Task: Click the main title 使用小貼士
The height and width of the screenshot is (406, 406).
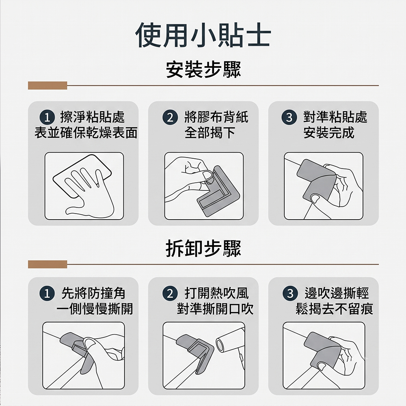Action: point(203,35)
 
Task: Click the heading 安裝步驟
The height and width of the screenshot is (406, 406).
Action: point(203,69)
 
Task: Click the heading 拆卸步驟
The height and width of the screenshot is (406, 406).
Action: point(203,248)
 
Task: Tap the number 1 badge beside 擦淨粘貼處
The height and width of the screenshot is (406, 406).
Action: point(47,118)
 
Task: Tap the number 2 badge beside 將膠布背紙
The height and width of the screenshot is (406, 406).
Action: point(170,118)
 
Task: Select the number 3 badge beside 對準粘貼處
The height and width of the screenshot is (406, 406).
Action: point(289,118)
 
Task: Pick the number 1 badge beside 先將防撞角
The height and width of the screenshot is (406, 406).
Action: point(47,294)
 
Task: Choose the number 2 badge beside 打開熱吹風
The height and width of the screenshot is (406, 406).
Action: point(170,294)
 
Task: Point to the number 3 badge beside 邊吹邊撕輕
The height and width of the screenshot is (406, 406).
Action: point(290,294)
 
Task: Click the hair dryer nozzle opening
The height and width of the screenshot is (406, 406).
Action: point(220,345)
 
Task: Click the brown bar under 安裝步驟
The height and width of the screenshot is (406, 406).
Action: point(48,85)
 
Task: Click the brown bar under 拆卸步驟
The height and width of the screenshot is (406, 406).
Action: point(48,264)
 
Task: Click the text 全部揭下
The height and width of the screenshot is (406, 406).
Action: point(210,133)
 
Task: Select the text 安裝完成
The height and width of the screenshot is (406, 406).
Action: point(329,133)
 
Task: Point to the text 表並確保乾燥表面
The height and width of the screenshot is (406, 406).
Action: point(86,133)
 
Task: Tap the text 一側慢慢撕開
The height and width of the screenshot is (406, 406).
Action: point(95,309)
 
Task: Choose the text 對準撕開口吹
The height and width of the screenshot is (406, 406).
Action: point(215,309)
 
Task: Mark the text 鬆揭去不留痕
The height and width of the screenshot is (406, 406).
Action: point(334,309)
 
